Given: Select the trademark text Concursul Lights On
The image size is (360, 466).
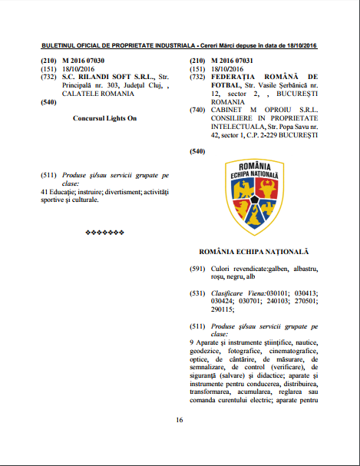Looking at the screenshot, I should coord(105,119).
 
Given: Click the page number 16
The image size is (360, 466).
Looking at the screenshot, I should coord(180,419).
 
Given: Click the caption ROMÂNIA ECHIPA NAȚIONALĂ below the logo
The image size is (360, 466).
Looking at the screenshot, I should coord(253,252).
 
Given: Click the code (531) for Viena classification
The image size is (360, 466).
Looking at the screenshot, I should coord(197,293).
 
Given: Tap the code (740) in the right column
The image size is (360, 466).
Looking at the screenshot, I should coord(197,110).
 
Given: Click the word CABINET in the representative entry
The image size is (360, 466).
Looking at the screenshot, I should coord(228,110).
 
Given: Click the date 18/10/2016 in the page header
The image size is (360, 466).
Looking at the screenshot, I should coord(301,45).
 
